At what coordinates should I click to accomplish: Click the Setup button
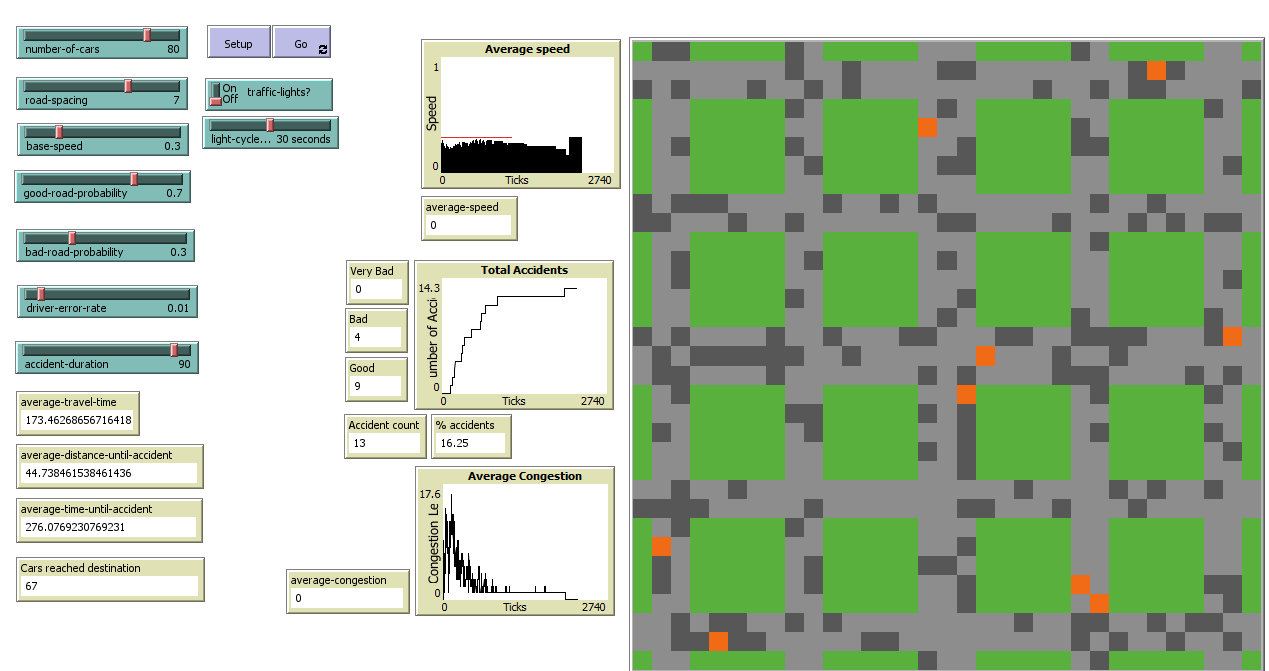click(x=238, y=43)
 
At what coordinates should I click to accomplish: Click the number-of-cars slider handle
click(x=147, y=35)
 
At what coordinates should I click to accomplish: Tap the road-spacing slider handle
click(x=128, y=86)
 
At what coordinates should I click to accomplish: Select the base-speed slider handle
click(x=58, y=132)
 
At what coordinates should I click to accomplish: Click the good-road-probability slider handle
click(x=134, y=179)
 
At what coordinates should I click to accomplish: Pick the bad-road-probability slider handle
click(x=72, y=238)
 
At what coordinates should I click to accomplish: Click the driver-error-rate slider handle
click(x=41, y=294)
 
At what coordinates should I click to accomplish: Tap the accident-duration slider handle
click(x=174, y=350)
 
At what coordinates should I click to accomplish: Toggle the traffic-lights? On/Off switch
click(x=216, y=94)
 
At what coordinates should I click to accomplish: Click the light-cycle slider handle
click(x=269, y=125)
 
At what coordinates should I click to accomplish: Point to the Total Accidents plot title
click(x=524, y=270)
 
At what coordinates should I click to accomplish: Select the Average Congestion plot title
click(x=524, y=476)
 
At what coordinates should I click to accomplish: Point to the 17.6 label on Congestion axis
click(x=430, y=494)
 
